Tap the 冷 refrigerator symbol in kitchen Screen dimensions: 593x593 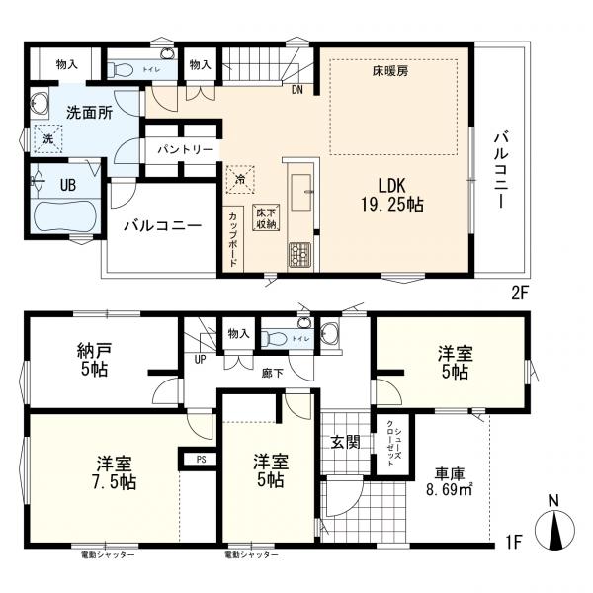click(x=240, y=179)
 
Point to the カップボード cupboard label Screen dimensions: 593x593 click(x=233, y=238)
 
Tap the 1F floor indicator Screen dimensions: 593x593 click(x=512, y=542)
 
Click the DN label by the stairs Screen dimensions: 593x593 click(x=297, y=90)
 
